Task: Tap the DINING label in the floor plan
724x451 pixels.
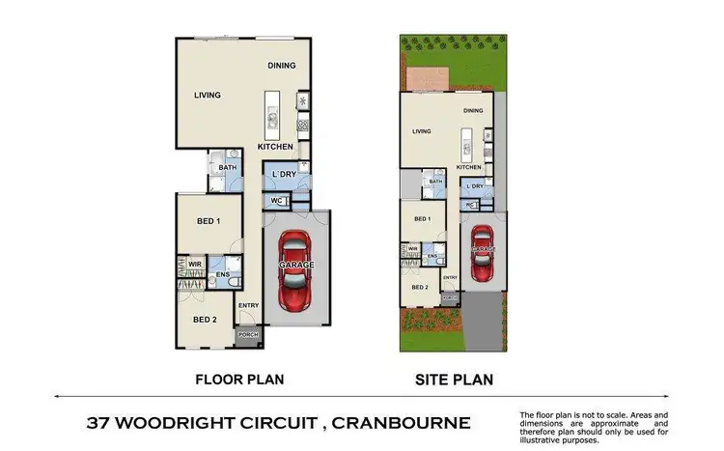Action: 281,66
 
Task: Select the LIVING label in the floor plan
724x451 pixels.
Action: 208,96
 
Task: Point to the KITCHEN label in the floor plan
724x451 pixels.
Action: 275,147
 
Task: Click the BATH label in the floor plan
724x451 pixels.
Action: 227,167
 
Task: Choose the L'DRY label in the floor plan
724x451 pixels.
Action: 284,174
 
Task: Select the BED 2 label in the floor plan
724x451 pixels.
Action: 203,320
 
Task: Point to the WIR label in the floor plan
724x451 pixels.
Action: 194,262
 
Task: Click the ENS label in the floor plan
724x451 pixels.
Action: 222,275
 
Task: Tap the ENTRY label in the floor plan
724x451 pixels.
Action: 248,306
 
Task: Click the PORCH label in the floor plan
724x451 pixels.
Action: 248,337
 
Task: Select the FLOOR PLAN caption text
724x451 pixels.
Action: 240,380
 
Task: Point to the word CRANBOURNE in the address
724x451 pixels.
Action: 397,423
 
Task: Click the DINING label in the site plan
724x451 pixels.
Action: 472,111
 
